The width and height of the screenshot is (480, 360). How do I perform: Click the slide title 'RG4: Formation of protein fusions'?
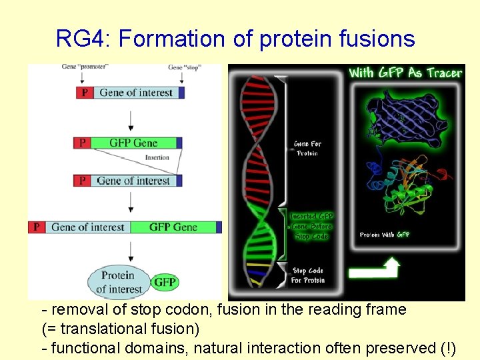pyautogui.click(x=235, y=39)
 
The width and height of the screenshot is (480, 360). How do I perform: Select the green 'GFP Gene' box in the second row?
pyautogui.click(x=133, y=143)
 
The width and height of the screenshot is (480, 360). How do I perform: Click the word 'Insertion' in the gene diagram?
pyautogui.click(x=157, y=158)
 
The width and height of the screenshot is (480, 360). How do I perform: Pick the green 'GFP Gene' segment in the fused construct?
pyautogui.click(x=173, y=227)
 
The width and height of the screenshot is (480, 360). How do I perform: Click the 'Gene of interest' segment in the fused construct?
pyautogui.click(x=87, y=227)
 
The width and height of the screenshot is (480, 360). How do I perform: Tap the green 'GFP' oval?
pyautogui.click(x=165, y=282)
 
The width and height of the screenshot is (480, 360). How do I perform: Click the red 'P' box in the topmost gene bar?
pyautogui.click(x=85, y=93)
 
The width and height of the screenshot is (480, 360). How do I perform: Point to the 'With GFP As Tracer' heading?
pyautogui.click(x=405, y=73)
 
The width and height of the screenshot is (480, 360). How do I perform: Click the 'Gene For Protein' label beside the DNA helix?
pyautogui.click(x=307, y=149)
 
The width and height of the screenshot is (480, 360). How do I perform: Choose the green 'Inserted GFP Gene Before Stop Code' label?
pyautogui.click(x=311, y=227)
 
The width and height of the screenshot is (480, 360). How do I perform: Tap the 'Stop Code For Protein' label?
pyautogui.click(x=307, y=275)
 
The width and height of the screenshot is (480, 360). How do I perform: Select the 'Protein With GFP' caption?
pyautogui.click(x=385, y=235)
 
